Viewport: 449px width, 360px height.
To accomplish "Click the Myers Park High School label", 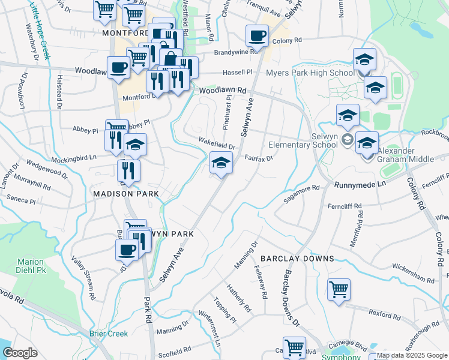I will coord(310,73).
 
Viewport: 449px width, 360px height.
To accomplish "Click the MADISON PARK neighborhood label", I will coord(126,194).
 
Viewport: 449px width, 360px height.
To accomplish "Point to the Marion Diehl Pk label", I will coord(30,266).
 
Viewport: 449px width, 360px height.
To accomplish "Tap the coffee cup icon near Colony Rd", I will coord(257,35).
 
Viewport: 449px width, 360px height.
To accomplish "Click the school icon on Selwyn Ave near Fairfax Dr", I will coord(221,163).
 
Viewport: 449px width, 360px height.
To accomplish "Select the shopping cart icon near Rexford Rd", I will coord(339,290).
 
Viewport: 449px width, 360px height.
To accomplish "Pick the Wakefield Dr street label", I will coord(217,143).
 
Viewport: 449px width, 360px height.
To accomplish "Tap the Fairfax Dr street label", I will coord(259,158).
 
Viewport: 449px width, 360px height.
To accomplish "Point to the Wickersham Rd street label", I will coord(413,273).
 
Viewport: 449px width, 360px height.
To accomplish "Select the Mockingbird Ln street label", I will coord(74,157).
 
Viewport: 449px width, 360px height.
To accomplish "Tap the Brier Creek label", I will coord(108,334).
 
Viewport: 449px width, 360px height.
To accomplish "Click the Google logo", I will coord(20,353).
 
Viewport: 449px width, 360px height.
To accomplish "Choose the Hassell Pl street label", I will coord(238,72).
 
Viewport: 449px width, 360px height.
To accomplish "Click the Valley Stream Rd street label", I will coord(83,278).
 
